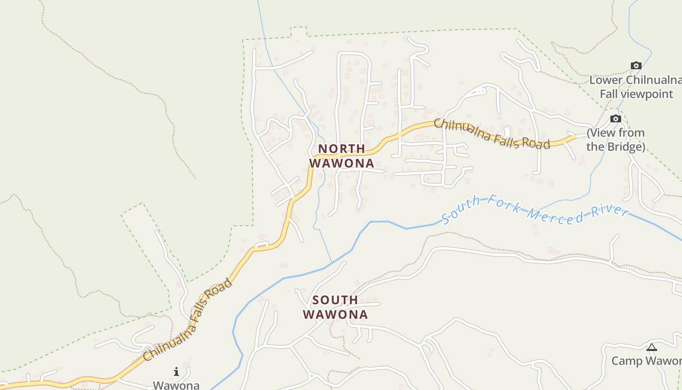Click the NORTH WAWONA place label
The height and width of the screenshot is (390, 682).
[341, 156]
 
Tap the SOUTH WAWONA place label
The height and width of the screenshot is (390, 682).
[335, 307]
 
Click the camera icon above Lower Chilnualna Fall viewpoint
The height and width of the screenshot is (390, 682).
[636, 66]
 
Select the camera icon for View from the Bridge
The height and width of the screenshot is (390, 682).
[616, 119]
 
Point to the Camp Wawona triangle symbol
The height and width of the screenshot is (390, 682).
[652, 348]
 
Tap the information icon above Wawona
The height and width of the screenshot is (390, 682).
[176, 372]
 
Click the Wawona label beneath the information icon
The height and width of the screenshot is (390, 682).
[176, 385]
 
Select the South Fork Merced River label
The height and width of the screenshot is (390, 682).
[535, 210]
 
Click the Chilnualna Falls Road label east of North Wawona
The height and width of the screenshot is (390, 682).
[492, 134]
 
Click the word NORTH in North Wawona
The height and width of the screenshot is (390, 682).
[341, 149]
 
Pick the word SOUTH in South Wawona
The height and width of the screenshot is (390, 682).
[335, 300]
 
